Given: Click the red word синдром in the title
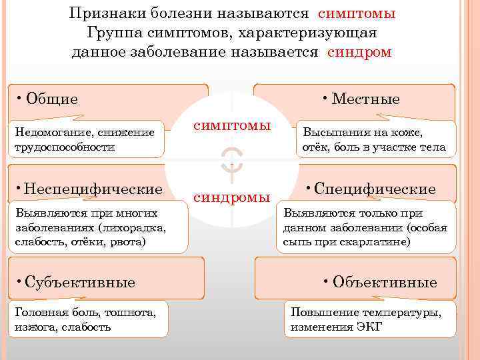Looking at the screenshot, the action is click(359, 53).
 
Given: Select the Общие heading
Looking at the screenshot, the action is click(50, 99).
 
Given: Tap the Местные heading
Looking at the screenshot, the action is click(365, 99).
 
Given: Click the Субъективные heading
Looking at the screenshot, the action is click(79, 282).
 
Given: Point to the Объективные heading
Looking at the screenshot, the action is click(384, 282).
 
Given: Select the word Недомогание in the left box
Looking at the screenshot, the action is click(44, 133).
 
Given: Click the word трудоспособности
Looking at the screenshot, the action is click(63, 146).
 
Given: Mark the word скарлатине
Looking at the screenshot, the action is click(374, 241).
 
